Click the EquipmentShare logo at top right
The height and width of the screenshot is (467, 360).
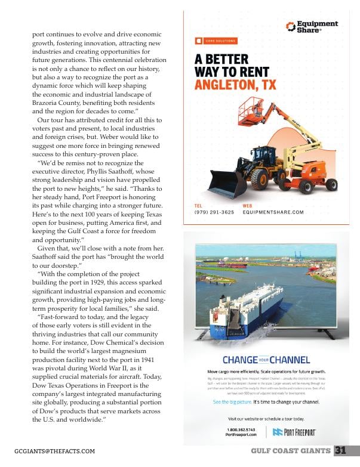[311, 27]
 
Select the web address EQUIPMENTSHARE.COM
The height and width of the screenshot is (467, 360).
[273, 212]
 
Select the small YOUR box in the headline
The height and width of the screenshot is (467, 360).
[264, 360]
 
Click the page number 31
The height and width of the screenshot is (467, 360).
[341, 450]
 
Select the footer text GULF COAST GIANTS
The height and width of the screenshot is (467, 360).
[291, 451]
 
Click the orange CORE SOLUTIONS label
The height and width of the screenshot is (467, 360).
[216, 41]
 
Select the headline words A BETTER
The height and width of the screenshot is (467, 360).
[221, 60]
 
